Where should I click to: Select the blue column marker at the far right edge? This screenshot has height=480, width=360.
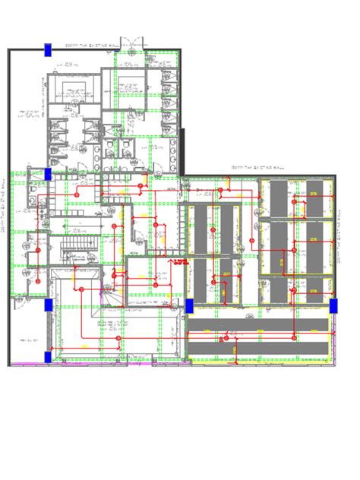click(x=333, y=305)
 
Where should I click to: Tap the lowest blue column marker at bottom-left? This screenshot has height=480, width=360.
click(x=48, y=356)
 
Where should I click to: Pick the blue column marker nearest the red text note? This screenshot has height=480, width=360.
click(x=189, y=305)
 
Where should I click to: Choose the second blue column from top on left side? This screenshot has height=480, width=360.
click(x=48, y=174)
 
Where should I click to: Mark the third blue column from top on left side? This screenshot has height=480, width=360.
click(x=48, y=305)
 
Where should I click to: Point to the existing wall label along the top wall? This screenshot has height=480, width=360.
click(x=93, y=46)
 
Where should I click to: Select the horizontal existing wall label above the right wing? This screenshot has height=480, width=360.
click(x=258, y=167)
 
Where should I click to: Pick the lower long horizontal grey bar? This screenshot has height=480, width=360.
click(x=258, y=346)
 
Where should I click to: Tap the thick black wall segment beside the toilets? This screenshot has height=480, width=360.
click(x=183, y=152)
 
